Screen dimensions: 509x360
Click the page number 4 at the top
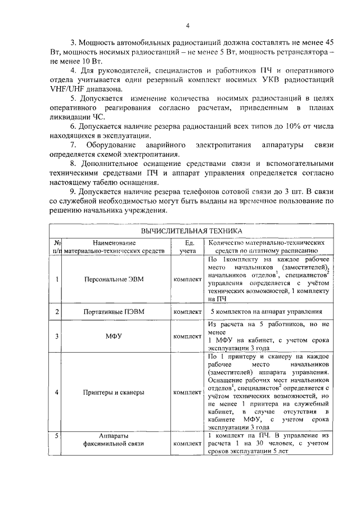click(x=188, y=25)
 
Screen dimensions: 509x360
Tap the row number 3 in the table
click(x=57, y=336)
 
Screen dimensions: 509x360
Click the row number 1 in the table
click(x=57, y=279)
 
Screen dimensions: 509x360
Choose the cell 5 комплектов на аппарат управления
click(x=266, y=311)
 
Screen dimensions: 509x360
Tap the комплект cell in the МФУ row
click(x=188, y=336)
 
